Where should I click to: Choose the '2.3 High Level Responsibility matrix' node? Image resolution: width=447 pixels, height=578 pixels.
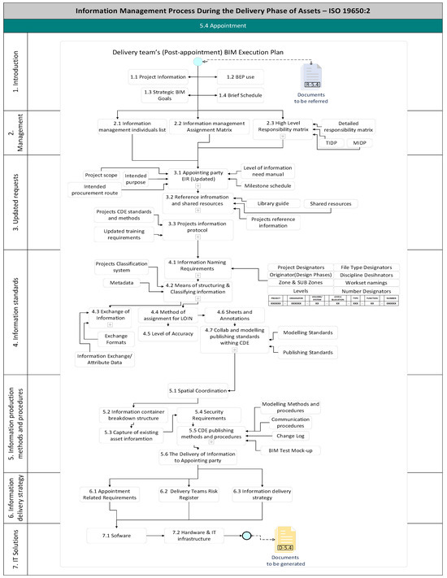pyautogui.click(x=284, y=126)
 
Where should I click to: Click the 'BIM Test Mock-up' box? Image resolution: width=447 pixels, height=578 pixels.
pyautogui.click(x=297, y=450)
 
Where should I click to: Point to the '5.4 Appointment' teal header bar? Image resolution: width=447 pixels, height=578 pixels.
pyautogui.click(x=223, y=26)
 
